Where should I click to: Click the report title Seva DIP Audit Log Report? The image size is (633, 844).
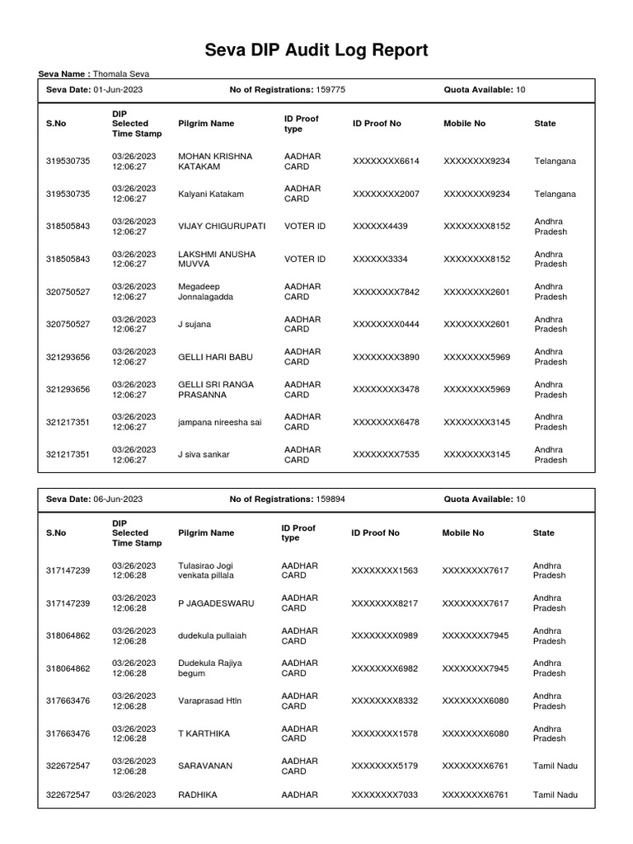(316, 51)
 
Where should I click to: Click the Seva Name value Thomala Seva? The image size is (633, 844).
(121, 74)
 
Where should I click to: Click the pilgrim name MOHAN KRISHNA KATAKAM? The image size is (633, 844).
(215, 161)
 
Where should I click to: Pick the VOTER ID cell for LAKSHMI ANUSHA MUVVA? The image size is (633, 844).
(305, 259)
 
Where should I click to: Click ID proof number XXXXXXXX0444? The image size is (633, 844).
(386, 324)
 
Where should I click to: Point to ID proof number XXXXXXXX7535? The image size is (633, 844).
(386, 454)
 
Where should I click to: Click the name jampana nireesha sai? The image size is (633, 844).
(219, 422)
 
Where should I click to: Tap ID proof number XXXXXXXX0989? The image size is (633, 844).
(384, 635)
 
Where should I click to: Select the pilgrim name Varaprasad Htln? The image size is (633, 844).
(209, 701)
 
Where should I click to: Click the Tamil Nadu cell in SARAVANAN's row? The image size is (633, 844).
(555, 766)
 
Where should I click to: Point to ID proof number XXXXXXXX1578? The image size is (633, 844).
(384, 734)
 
